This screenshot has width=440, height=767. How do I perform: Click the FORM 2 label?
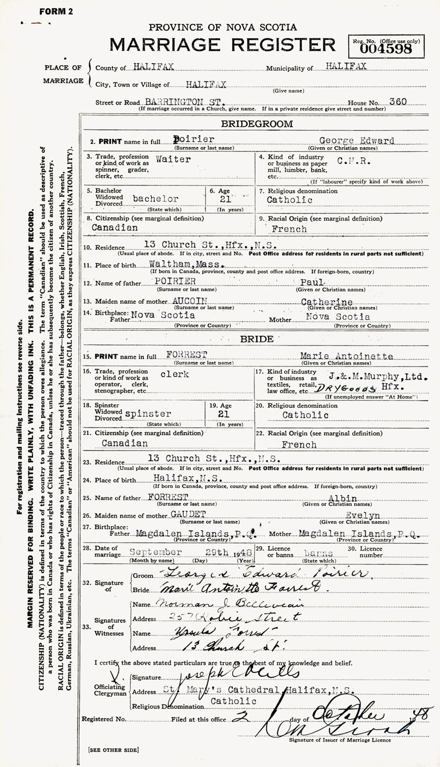point(56,12)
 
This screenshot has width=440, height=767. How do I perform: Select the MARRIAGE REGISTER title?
point(222,45)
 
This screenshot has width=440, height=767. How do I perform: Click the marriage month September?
point(156,552)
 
